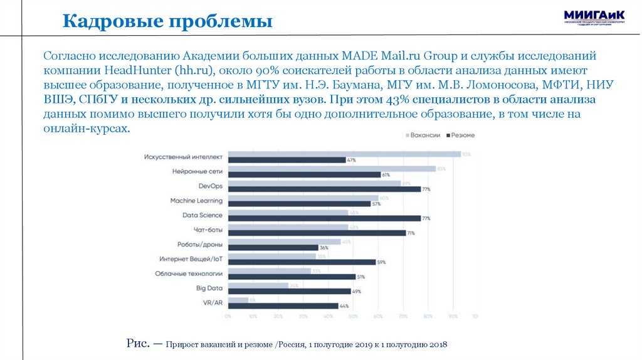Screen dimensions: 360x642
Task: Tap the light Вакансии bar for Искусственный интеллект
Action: (x=344, y=154)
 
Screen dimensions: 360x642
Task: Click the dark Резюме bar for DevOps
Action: (x=324, y=189)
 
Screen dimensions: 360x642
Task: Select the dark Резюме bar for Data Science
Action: (x=324, y=218)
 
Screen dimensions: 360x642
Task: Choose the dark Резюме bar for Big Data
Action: (x=289, y=291)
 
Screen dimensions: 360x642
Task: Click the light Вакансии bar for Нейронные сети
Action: (x=331, y=169)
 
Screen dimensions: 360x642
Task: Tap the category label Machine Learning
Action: (x=196, y=201)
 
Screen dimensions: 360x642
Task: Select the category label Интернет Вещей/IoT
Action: (x=191, y=258)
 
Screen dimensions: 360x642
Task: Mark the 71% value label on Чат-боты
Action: (x=412, y=233)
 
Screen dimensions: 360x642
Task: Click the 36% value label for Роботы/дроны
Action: (x=324, y=248)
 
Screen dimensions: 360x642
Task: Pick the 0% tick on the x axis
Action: (x=228, y=317)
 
